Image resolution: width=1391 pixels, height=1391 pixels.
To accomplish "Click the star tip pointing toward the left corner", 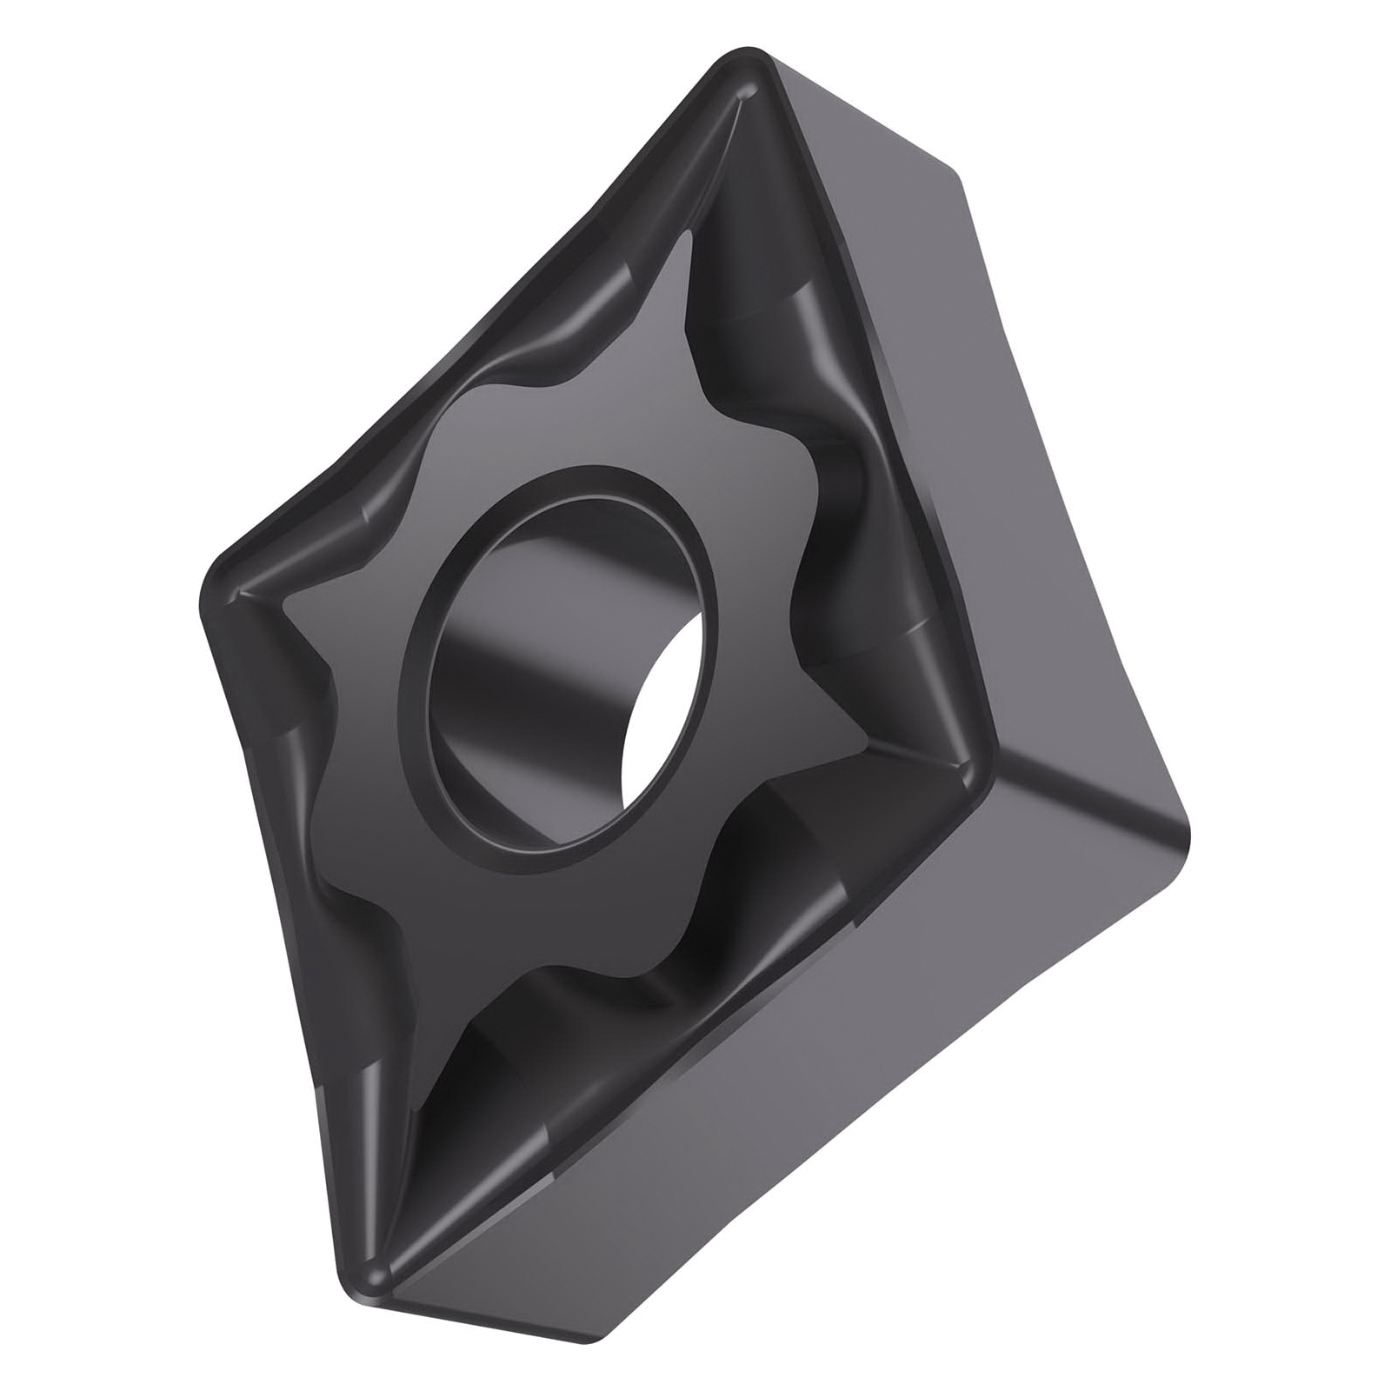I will pyautogui.click(x=291, y=600).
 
